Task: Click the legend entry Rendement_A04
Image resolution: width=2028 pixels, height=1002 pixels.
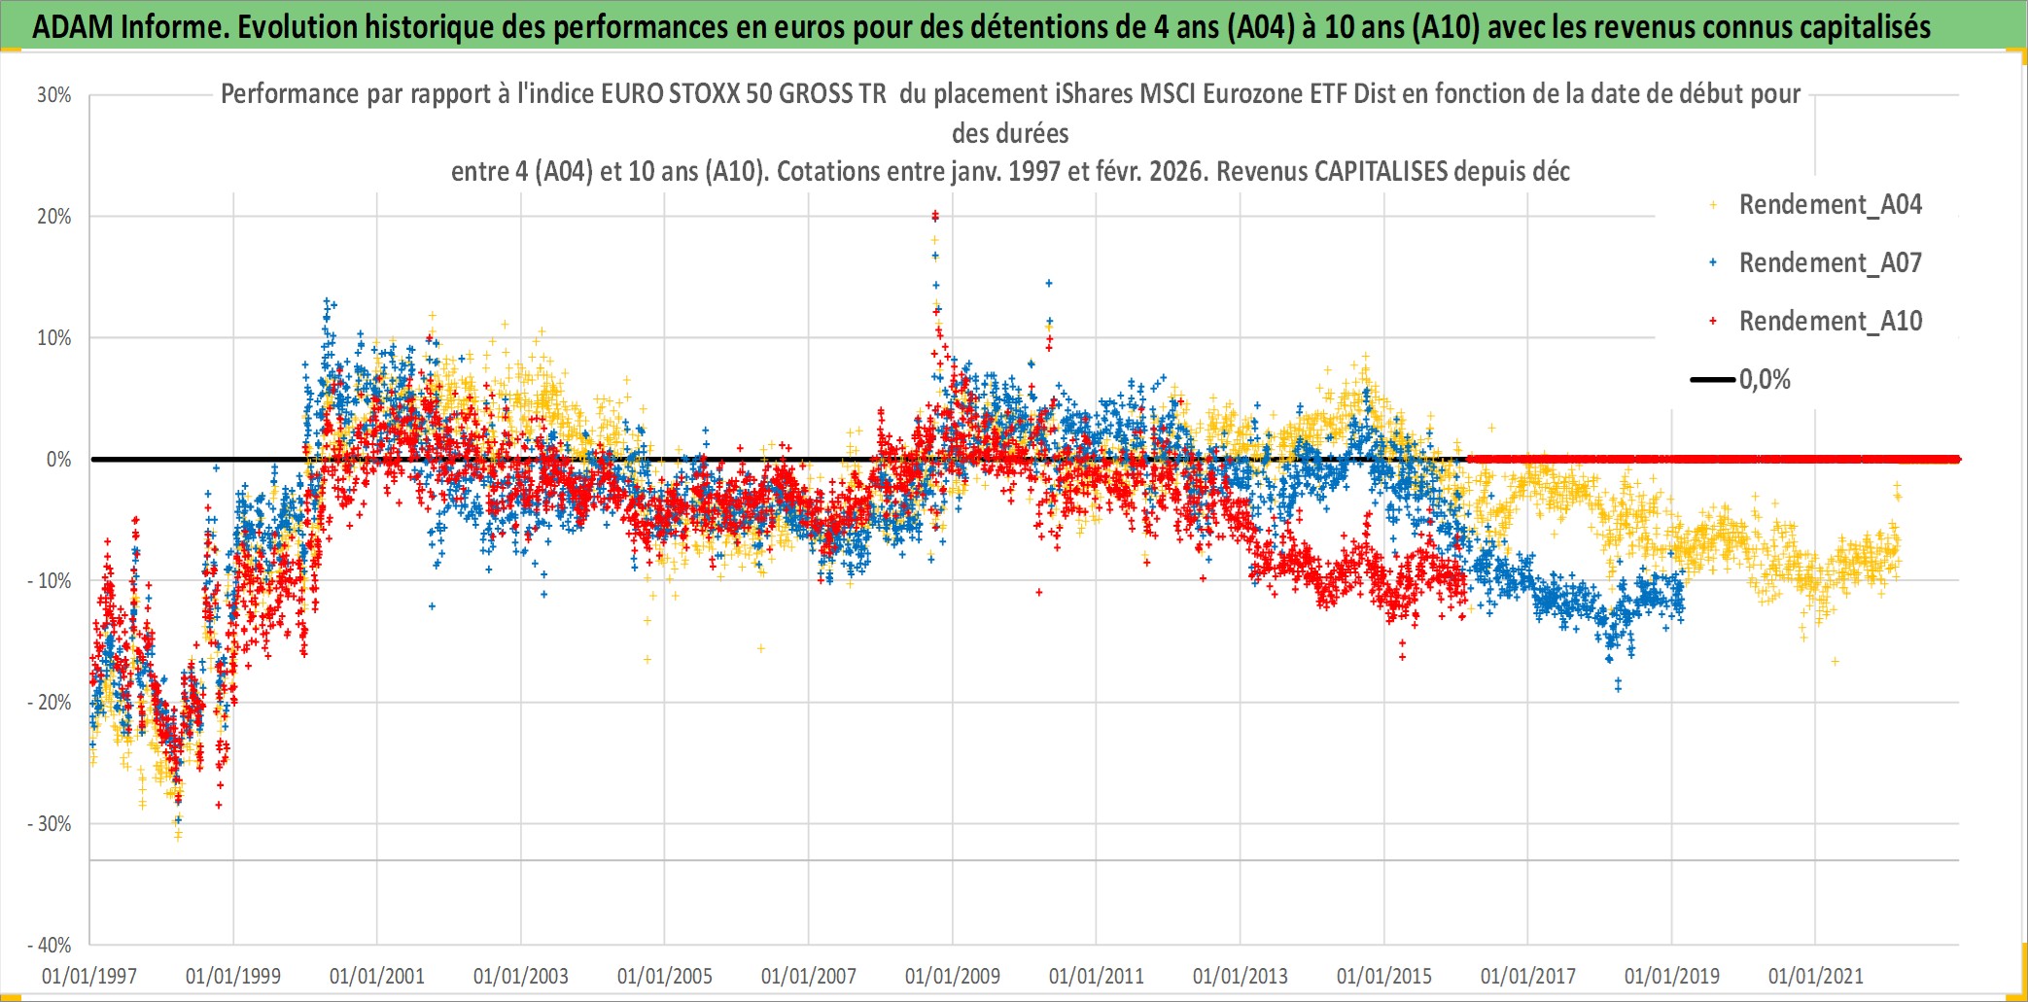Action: click(1830, 205)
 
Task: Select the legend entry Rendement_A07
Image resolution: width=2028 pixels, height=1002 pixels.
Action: click(1830, 263)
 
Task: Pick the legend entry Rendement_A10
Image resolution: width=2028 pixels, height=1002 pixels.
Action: click(1830, 322)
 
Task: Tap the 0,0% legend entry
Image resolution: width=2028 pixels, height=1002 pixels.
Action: click(1764, 380)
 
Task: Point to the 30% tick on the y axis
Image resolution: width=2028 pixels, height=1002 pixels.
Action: click(54, 95)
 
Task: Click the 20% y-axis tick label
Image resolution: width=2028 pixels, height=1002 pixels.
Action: click(54, 217)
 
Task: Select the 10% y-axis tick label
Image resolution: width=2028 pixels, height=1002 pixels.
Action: click(54, 338)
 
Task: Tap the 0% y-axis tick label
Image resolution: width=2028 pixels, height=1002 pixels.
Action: click(58, 460)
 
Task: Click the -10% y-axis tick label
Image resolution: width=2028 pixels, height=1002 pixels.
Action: click(50, 581)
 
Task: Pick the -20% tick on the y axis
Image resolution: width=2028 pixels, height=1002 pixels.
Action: click(50, 703)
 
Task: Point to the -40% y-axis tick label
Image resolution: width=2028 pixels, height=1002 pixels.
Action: click(50, 945)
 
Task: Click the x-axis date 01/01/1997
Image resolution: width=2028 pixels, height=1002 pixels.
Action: click(89, 976)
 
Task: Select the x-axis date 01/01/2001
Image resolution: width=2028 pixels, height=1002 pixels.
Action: click(377, 976)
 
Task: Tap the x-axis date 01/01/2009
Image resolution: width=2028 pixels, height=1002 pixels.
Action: click(953, 976)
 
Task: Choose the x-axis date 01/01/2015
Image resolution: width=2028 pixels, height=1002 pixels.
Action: click(1384, 976)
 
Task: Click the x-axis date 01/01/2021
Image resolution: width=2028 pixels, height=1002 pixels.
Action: click(1816, 976)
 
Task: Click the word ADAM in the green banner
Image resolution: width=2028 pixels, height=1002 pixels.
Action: click(74, 27)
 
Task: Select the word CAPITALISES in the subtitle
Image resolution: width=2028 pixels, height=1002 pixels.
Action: click(1381, 172)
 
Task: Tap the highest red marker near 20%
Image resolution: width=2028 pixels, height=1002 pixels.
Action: click(934, 214)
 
